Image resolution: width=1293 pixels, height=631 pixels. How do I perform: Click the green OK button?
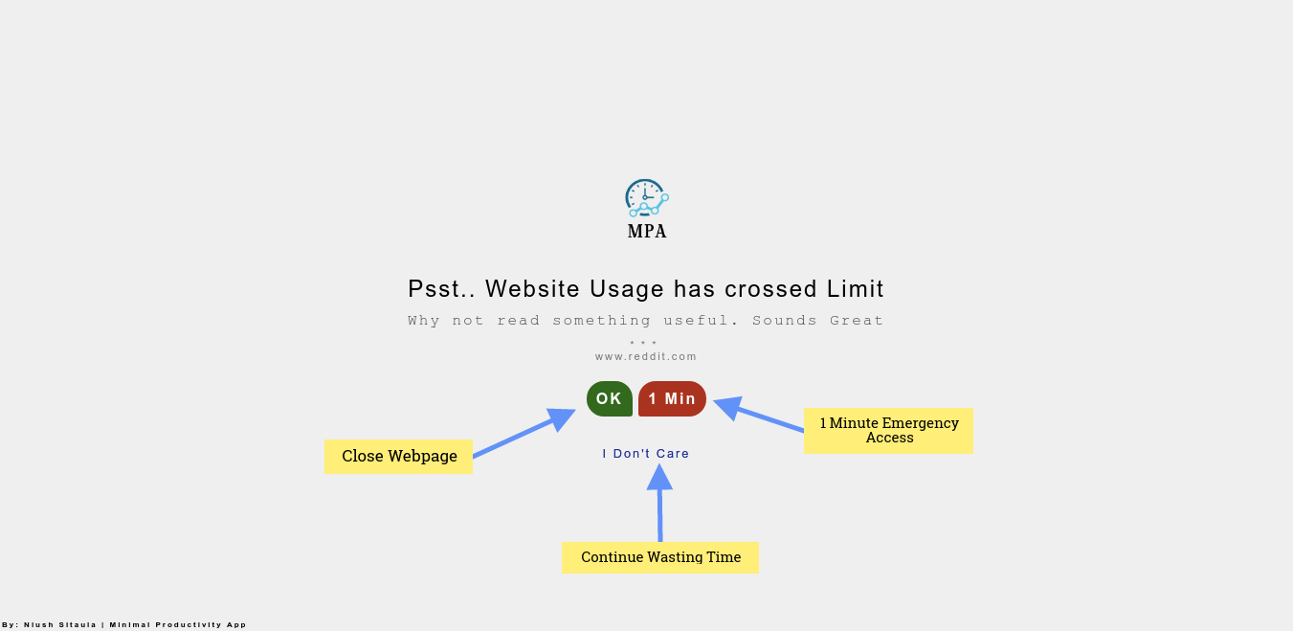pyautogui.click(x=609, y=399)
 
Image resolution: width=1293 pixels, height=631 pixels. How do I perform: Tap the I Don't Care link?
pyautogui.click(x=645, y=454)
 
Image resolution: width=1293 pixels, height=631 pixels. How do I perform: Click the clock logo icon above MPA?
pyautogui.click(x=646, y=197)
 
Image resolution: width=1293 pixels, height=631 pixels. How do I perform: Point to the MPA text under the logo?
pyautogui.click(x=647, y=232)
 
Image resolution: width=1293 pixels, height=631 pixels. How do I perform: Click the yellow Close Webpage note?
pyautogui.click(x=398, y=457)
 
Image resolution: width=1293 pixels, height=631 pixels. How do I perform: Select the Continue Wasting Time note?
pyautogui.click(x=660, y=557)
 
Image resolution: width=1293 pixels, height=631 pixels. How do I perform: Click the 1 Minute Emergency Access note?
pyautogui.click(x=888, y=430)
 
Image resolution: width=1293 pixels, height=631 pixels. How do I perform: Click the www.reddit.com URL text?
pyautogui.click(x=646, y=357)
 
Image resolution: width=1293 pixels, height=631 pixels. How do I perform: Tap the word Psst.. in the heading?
pyautogui.click(x=442, y=289)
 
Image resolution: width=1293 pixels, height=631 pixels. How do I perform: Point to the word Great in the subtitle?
pyautogui.click(x=857, y=321)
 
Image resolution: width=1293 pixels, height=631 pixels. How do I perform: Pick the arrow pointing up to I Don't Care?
pyautogui.click(x=659, y=503)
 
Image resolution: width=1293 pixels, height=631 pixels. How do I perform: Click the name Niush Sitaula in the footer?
pyautogui.click(x=60, y=625)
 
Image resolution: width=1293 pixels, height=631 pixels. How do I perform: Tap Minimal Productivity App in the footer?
pyautogui.click(x=178, y=625)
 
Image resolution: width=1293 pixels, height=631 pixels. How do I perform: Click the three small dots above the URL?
pyautogui.click(x=643, y=343)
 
